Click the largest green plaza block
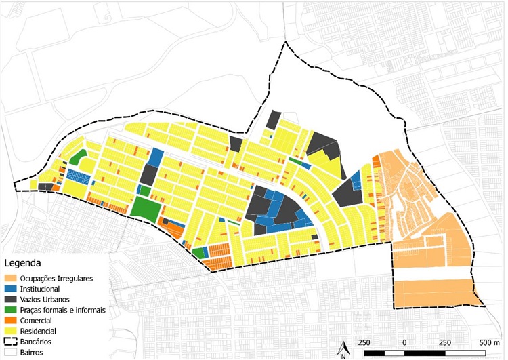[x=143, y=207]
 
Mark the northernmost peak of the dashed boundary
[x=286, y=43]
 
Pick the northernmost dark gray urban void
[x=274, y=119]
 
